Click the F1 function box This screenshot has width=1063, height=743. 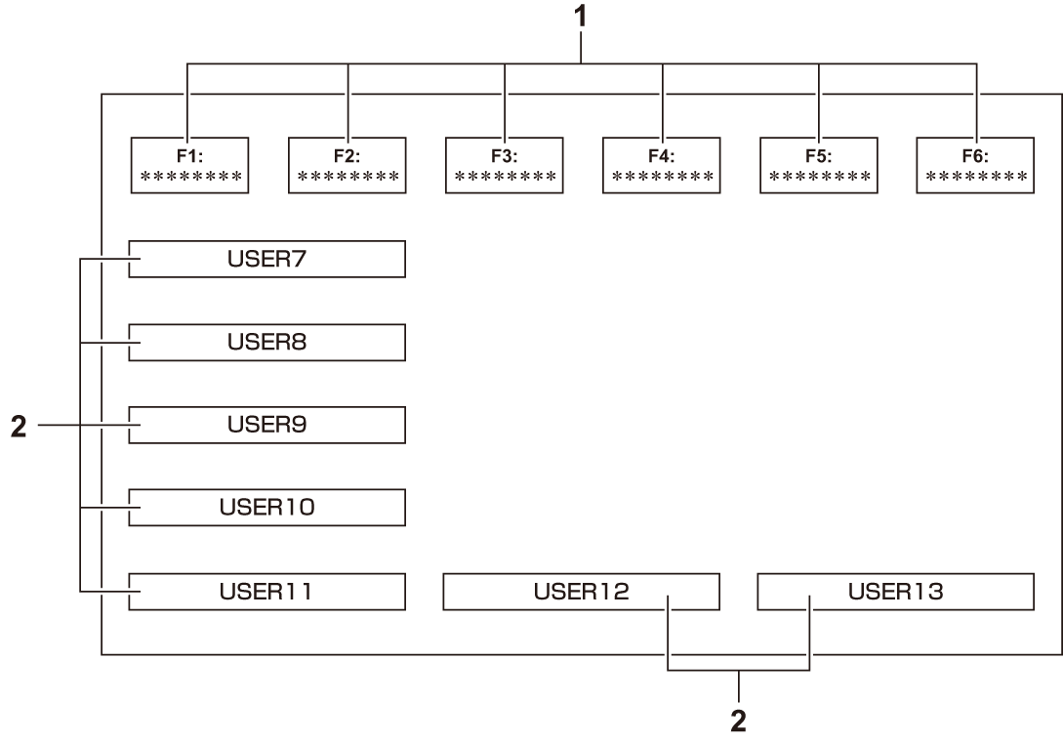189,166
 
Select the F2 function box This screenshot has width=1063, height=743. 348,166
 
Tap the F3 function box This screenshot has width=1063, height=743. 505,166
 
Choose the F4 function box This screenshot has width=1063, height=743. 662,166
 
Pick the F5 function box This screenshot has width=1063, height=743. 819,166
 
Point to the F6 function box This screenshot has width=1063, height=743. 976,166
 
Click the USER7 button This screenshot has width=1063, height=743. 266,260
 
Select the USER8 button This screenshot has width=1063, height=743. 266,343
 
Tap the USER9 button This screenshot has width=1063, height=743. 266,426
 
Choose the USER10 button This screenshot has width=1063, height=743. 266,509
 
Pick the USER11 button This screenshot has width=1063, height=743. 266,592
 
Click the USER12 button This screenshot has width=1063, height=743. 581,592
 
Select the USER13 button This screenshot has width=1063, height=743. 895,592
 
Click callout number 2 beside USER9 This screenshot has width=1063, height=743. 18,426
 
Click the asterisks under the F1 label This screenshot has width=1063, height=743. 189,178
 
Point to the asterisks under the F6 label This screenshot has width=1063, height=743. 976,178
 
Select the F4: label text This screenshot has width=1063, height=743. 662,155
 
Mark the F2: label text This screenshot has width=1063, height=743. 348,155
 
